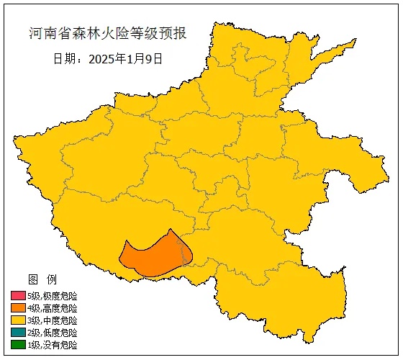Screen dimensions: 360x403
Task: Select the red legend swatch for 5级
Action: point(18,296)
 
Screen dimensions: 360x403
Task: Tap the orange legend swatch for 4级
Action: point(18,308)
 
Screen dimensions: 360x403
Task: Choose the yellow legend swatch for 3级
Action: point(18,320)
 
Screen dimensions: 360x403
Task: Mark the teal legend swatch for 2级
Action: point(18,333)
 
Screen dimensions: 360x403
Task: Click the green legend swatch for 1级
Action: point(18,345)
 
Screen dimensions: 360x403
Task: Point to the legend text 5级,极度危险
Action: point(52,296)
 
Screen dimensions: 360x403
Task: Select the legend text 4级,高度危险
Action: point(52,308)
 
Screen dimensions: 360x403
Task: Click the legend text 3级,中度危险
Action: point(52,320)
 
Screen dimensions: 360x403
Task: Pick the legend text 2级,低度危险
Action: point(52,333)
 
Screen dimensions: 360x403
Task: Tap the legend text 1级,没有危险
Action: point(52,345)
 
